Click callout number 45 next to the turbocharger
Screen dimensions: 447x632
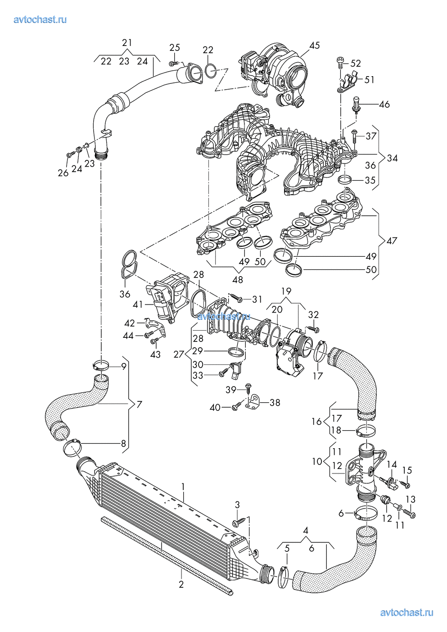pyautogui.click(x=315, y=45)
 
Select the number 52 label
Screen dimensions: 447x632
pyautogui.click(x=356, y=64)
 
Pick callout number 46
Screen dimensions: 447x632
pyautogui.click(x=384, y=105)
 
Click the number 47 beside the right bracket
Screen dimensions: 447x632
pyautogui.click(x=392, y=241)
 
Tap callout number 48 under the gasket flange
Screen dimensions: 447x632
pyautogui.click(x=238, y=280)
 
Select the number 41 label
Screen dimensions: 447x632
pyautogui.click(x=138, y=305)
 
